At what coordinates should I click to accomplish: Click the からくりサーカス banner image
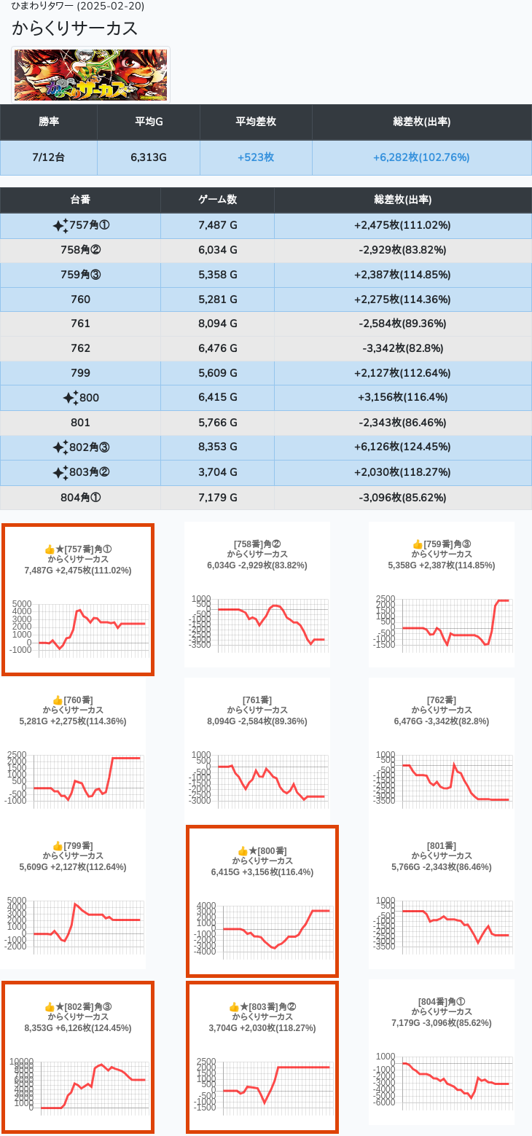(91, 75)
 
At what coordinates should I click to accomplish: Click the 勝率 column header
(49, 122)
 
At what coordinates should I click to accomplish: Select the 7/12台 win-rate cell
(49, 157)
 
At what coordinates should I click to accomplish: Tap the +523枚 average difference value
(256, 157)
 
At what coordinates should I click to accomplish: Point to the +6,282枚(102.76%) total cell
(421, 157)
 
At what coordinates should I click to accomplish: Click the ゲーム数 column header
(217, 200)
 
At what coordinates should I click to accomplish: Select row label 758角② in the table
(81, 250)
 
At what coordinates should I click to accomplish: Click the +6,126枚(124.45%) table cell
(402, 447)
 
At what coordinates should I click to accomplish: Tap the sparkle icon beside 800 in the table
(70, 398)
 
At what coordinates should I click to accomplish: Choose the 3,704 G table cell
(217, 471)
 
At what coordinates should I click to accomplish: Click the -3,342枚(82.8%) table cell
(402, 348)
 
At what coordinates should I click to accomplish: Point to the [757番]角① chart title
(87, 549)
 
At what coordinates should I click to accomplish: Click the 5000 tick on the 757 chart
(23, 604)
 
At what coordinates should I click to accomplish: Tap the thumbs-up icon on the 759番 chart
(418, 544)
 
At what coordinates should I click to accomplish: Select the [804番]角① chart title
(441, 1001)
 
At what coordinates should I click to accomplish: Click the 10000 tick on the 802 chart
(22, 1062)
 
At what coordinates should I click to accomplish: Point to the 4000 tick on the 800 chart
(206, 906)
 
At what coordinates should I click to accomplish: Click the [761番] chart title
(257, 700)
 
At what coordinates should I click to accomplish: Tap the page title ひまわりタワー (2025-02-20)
(78, 7)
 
